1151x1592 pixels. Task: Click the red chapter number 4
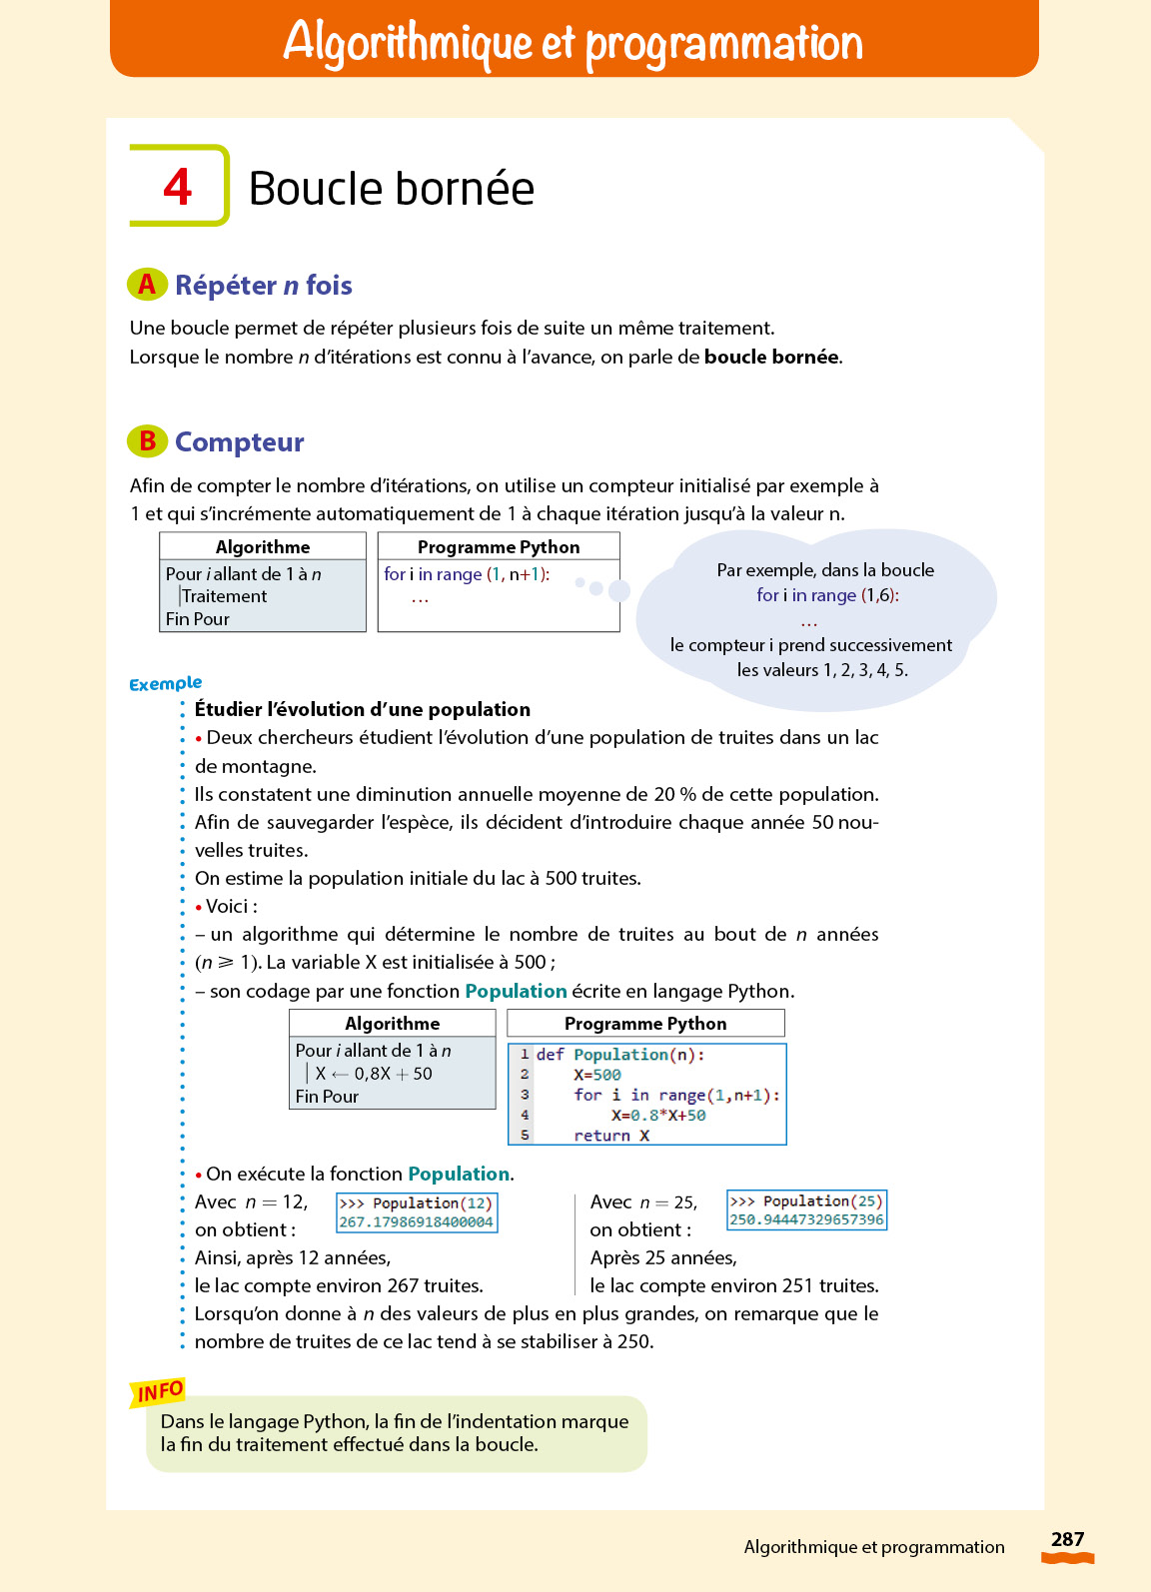coord(178,187)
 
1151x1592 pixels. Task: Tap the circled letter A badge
coord(147,285)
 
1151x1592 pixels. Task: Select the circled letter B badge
coord(147,441)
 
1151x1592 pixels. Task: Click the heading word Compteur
coord(239,442)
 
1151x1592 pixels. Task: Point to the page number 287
coord(1067,1539)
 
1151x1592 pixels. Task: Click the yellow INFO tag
coord(158,1391)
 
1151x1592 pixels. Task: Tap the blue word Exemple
coord(165,684)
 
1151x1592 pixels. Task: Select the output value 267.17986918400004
coord(416,1222)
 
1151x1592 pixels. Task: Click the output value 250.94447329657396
coord(806,1219)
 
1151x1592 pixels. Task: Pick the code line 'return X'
coord(610,1136)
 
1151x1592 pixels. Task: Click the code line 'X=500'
coord(596,1075)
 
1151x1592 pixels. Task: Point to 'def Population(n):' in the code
coord(619,1055)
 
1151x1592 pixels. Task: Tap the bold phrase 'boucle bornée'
coord(771,358)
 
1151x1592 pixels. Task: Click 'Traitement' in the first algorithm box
coord(224,596)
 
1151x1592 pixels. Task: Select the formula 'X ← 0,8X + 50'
coord(373,1074)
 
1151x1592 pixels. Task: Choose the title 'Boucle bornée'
coord(391,189)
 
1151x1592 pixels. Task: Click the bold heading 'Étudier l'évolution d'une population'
coord(362,710)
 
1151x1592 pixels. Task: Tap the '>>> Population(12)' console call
coord(416,1203)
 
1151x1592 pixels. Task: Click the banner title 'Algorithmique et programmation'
coord(574,42)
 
